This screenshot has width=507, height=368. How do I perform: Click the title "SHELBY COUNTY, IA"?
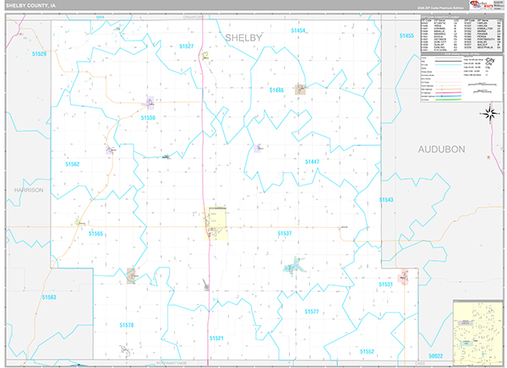tap(32, 5)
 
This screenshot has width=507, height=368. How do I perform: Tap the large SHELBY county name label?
tap(243, 38)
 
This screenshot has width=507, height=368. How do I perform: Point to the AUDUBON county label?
tap(442, 149)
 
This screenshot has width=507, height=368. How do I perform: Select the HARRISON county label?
tap(28, 190)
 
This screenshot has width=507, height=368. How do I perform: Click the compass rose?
tap(488, 112)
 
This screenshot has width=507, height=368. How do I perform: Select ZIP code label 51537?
tap(284, 233)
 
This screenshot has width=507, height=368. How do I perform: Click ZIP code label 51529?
tap(39, 53)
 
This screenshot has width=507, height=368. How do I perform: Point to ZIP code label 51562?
tap(71, 164)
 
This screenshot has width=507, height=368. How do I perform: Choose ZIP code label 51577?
tap(311, 311)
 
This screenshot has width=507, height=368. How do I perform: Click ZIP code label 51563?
tap(49, 297)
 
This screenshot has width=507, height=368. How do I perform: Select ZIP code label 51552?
tap(366, 350)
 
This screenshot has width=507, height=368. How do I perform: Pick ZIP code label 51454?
tap(298, 30)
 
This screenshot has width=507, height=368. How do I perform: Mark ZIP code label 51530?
tap(148, 118)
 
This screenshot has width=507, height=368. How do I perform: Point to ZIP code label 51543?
tap(386, 199)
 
